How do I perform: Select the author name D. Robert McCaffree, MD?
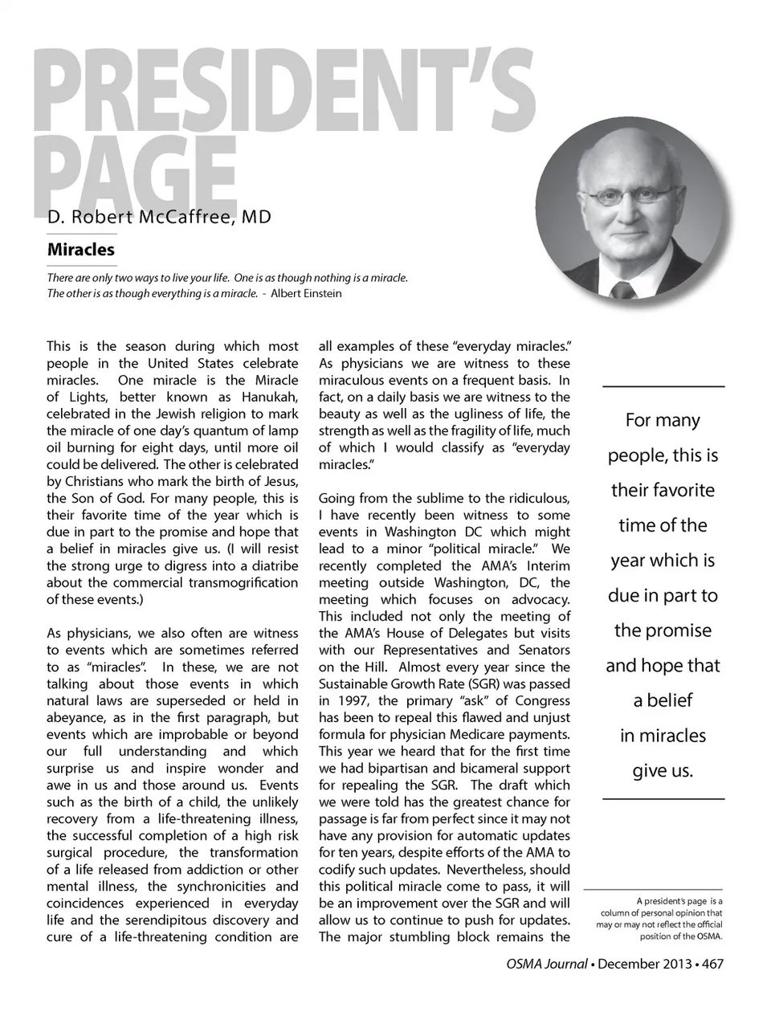tap(159, 218)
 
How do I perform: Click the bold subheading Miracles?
tap(80, 249)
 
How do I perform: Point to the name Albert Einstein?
tap(306, 293)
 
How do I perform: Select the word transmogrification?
tap(243, 582)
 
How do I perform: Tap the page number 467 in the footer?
tap(712, 963)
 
